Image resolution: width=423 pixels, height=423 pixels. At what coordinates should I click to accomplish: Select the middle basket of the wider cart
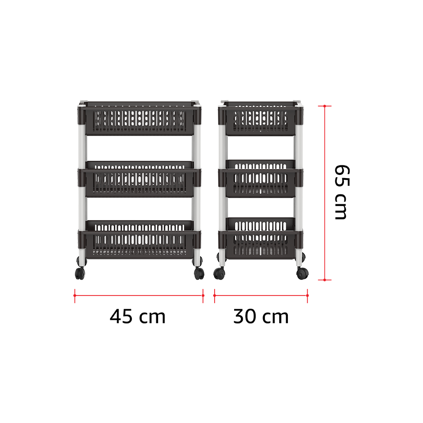point(139,180)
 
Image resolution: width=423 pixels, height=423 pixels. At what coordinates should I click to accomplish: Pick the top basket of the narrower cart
point(259,117)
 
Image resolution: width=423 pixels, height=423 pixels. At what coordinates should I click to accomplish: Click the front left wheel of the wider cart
point(81,273)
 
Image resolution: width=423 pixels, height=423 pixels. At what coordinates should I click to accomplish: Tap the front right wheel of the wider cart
point(199,273)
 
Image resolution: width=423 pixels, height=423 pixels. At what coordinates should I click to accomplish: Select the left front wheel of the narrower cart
point(220,273)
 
